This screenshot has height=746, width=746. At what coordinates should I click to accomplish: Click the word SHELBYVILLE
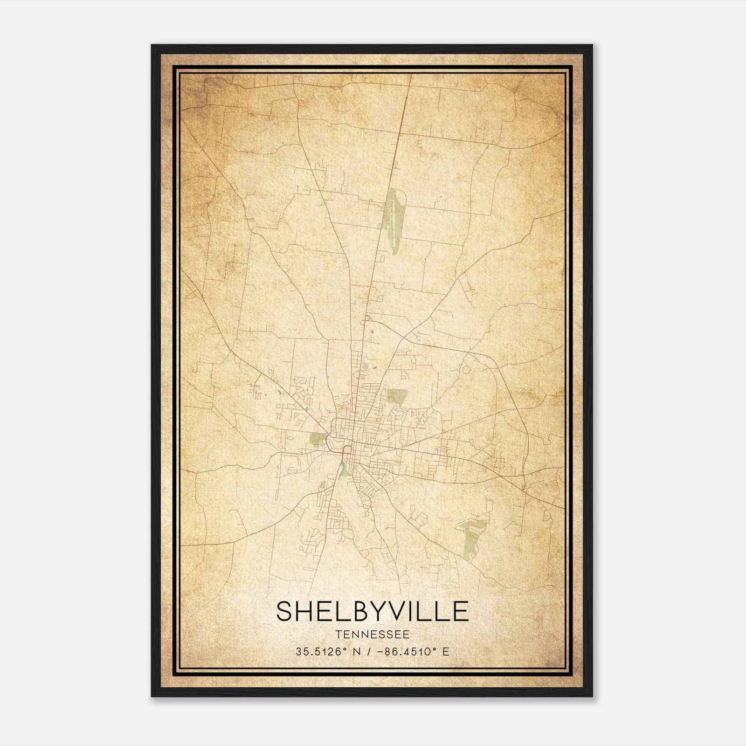point(372,611)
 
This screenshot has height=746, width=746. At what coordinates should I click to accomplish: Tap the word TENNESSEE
point(372,635)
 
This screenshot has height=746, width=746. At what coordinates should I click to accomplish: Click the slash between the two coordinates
point(369,651)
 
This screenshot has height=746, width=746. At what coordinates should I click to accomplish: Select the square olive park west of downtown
point(318,439)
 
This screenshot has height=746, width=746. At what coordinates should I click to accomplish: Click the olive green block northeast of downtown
point(396,396)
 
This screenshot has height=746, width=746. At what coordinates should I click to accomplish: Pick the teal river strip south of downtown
point(343,467)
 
